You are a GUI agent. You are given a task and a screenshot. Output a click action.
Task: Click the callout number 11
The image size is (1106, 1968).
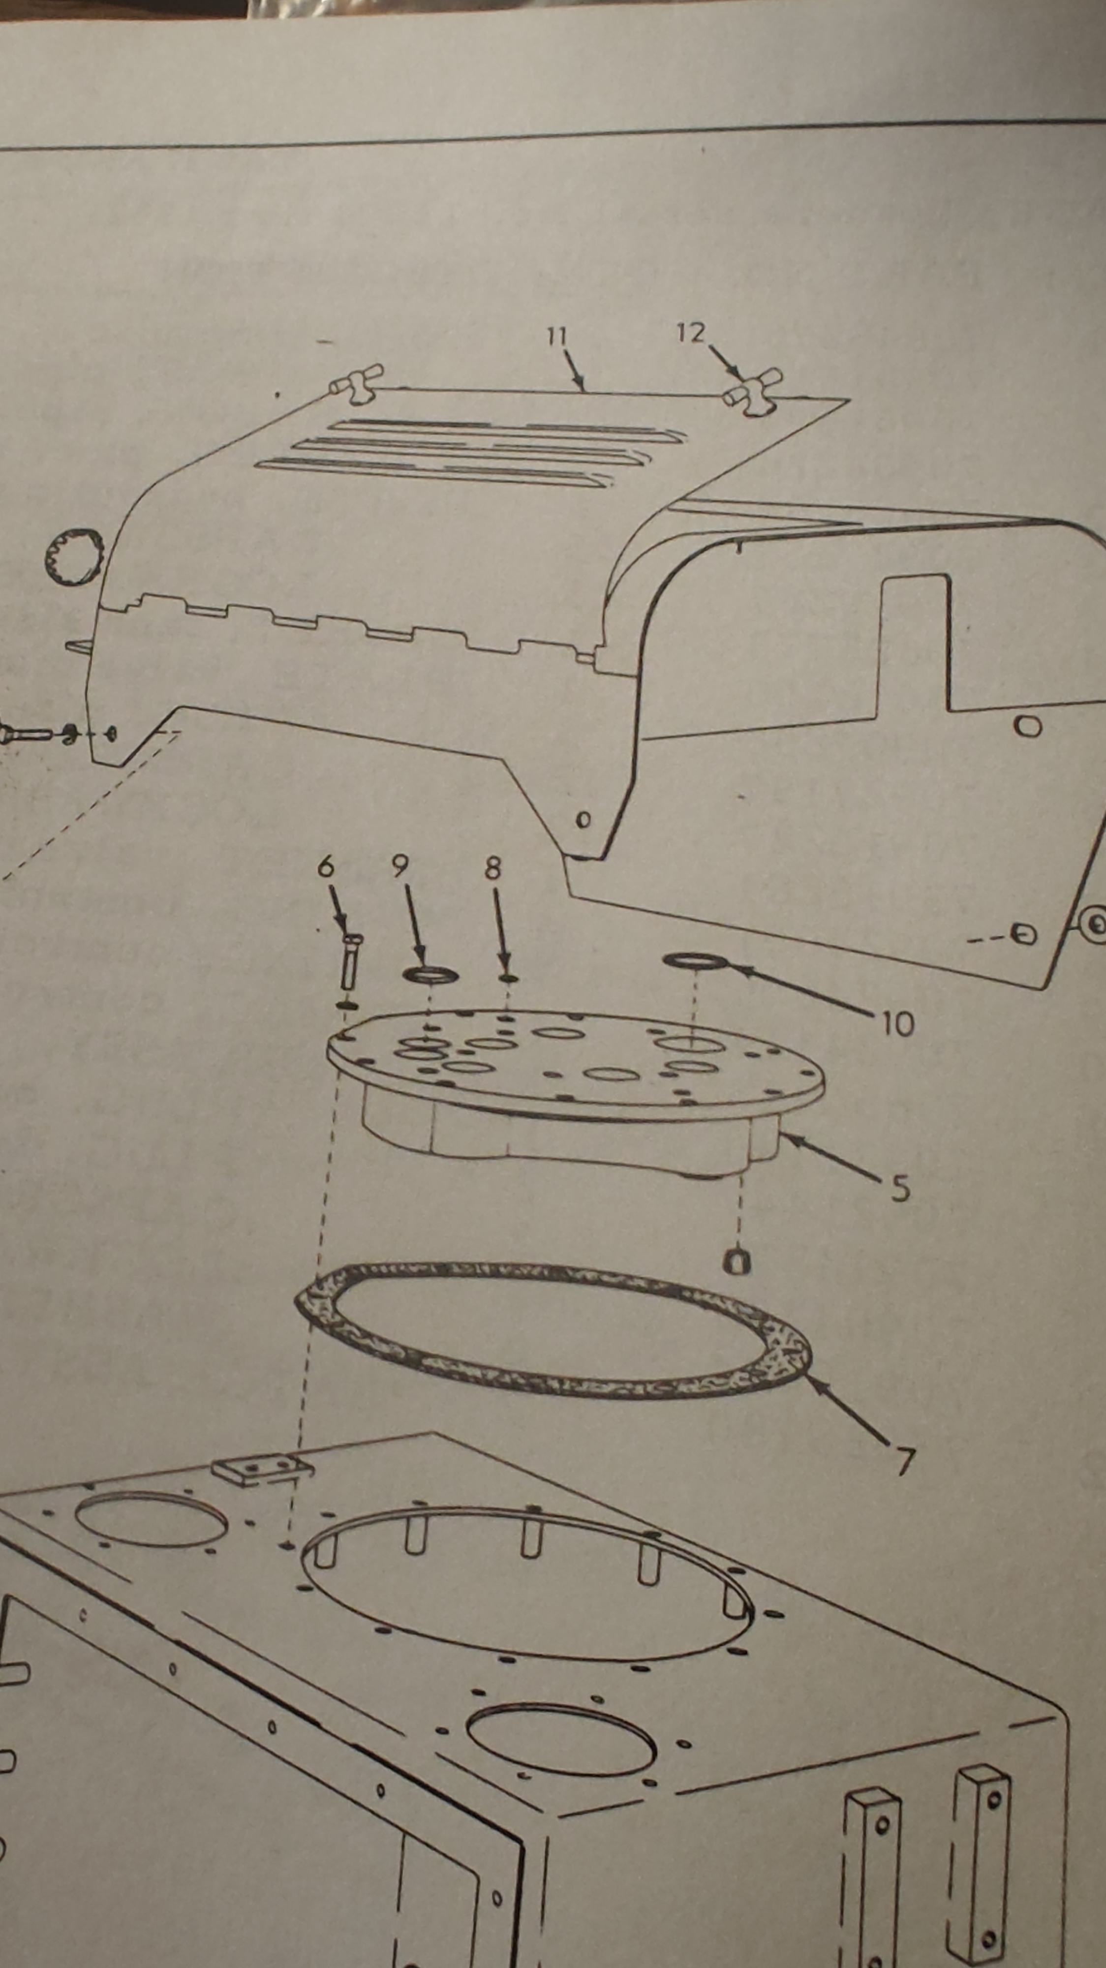[x=557, y=336]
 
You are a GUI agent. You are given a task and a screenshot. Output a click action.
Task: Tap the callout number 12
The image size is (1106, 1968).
[x=691, y=333]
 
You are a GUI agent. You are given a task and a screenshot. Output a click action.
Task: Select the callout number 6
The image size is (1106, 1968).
[x=325, y=866]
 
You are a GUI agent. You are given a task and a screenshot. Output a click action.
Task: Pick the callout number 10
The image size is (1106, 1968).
[x=897, y=1024]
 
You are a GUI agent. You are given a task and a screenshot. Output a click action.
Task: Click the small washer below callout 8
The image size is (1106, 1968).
[x=508, y=978]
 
